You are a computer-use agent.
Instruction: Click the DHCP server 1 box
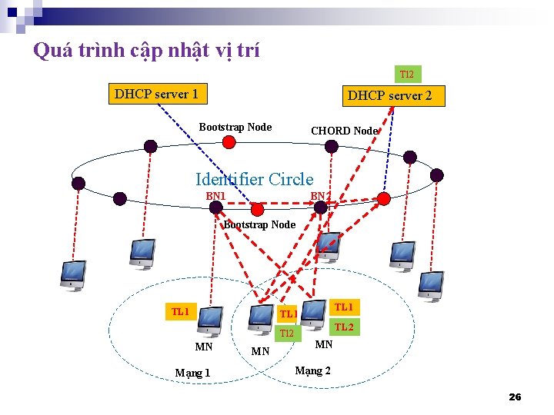tap(156, 94)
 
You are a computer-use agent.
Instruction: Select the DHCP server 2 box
tap(389, 96)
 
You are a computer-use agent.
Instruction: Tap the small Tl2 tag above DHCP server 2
tap(406, 75)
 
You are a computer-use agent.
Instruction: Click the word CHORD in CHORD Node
tap(330, 131)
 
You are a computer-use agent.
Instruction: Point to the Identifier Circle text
tap(254, 180)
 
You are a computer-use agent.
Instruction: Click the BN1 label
tap(215, 196)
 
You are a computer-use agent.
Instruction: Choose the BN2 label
tap(320, 196)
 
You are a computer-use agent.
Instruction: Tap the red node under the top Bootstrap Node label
tap(229, 142)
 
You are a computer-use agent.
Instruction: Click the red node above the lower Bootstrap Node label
tap(258, 209)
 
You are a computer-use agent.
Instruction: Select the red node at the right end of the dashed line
tap(383, 199)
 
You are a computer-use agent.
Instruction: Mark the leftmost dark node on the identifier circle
tap(78, 183)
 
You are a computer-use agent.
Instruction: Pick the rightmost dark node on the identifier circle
tap(436, 175)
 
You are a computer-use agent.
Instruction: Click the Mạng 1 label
tap(192, 373)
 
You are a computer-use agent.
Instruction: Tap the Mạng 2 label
tap(313, 370)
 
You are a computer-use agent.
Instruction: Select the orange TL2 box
tap(343, 327)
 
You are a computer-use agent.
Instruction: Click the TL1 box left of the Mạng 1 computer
tap(180, 311)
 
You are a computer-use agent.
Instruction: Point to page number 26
tap(515, 397)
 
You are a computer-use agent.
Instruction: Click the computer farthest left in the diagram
tap(73, 275)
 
